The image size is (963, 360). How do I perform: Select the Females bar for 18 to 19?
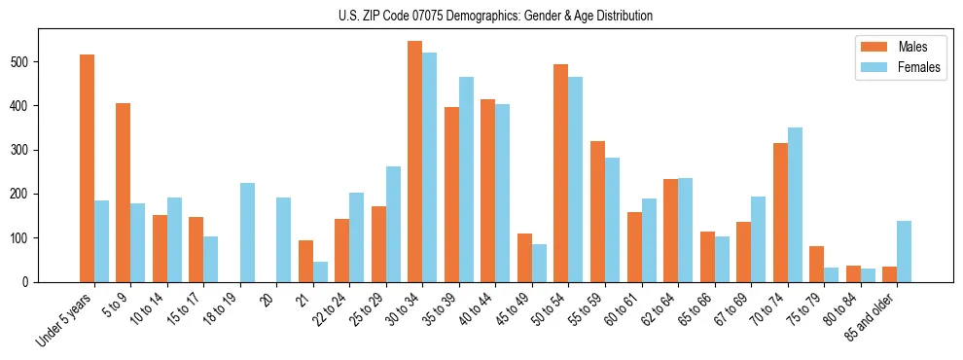coord(247,233)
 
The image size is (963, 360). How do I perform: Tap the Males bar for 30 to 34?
coord(415,162)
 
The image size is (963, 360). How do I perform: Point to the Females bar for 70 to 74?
coord(795,204)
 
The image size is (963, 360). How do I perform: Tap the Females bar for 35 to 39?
coord(466,179)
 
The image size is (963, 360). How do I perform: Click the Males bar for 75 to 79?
coord(816,264)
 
